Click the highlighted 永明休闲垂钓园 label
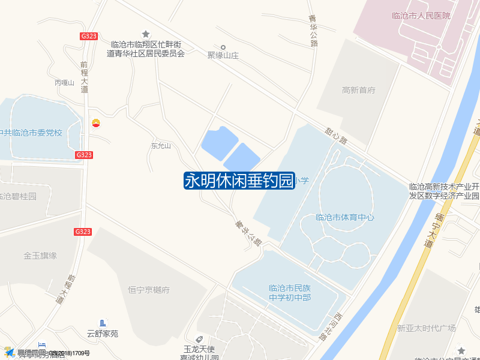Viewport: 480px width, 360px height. coord(239,181)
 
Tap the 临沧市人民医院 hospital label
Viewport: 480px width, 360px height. coord(420,16)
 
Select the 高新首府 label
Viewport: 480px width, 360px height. coord(358,90)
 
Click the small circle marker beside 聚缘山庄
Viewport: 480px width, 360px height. coord(223,47)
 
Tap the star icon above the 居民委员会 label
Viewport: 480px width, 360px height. coord(145,34)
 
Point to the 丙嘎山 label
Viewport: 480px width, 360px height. coord(64,83)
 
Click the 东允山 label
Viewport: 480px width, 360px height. coord(161,146)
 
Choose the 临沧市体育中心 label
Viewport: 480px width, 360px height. coord(344,217)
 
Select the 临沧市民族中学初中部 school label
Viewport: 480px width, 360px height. coord(290,292)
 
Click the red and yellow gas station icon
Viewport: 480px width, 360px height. coord(96,124)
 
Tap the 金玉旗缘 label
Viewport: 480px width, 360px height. coord(40,256)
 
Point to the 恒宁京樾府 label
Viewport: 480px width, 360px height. coord(149,290)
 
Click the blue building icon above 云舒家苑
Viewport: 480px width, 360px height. coord(103,323)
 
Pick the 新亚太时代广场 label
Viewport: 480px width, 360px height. coord(426,328)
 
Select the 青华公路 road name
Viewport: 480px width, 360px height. coord(313,31)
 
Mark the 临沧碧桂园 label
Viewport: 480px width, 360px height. coord(18,196)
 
